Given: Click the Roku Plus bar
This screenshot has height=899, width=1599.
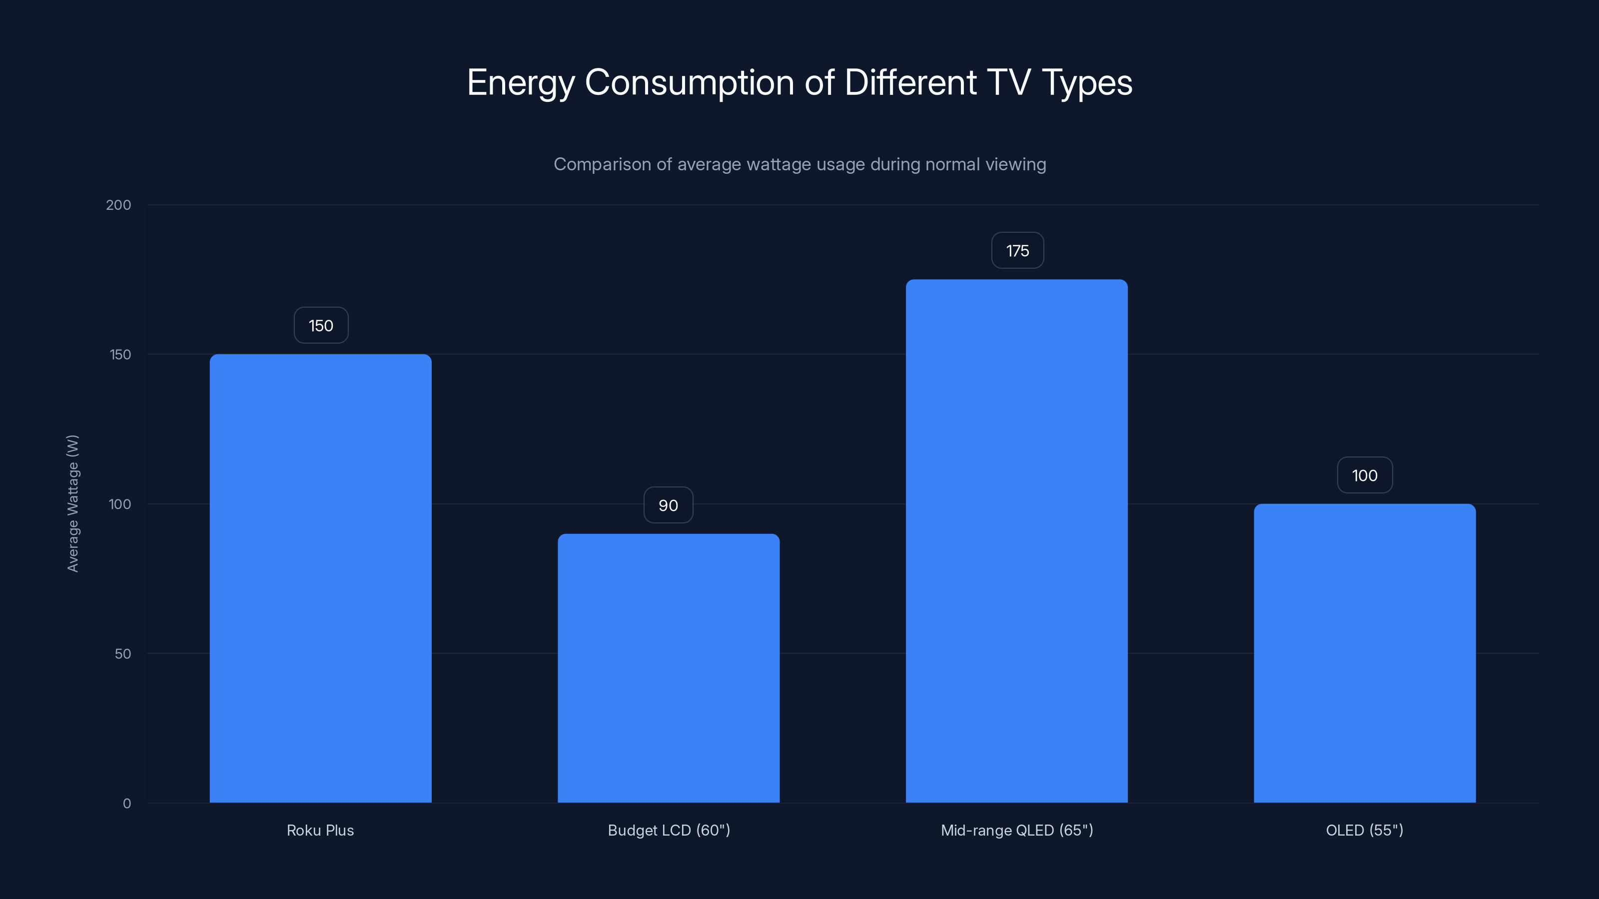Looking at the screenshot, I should pyautogui.click(x=320, y=578).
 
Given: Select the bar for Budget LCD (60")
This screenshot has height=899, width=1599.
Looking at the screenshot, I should pyautogui.click(x=669, y=668).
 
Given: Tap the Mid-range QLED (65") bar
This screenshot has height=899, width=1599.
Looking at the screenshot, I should pyautogui.click(x=1017, y=541).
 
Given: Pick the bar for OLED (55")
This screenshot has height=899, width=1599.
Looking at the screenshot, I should pyautogui.click(x=1364, y=653).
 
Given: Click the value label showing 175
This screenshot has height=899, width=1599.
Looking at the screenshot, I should pyautogui.click(x=1017, y=251).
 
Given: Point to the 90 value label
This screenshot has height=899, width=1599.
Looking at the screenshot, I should pyautogui.click(x=668, y=505).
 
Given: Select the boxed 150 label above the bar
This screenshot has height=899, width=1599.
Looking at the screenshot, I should pyautogui.click(x=321, y=326).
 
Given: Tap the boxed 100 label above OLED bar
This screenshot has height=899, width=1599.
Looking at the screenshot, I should pyautogui.click(x=1364, y=475).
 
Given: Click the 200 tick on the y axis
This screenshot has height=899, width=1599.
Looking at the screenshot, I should pyautogui.click(x=118, y=205).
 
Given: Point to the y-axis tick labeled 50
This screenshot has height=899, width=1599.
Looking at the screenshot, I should pyautogui.click(x=123, y=653).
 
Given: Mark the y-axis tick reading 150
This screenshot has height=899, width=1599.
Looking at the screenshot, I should pyautogui.click(x=120, y=354).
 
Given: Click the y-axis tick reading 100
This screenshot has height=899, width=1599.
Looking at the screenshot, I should pyautogui.click(x=120, y=504).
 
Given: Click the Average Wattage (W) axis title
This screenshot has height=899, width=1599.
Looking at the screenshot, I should pyautogui.click(x=72, y=503).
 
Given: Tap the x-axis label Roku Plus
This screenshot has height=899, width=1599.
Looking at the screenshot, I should pyautogui.click(x=320, y=830).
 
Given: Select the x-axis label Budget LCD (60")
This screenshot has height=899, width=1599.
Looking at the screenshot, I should pyautogui.click(x=669, y=830).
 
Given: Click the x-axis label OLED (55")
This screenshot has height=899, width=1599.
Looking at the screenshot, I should pyautogui.click(x=1364, y=830).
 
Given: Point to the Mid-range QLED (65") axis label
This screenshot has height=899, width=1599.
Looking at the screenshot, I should pyautogui.click(x=1017, y=830).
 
